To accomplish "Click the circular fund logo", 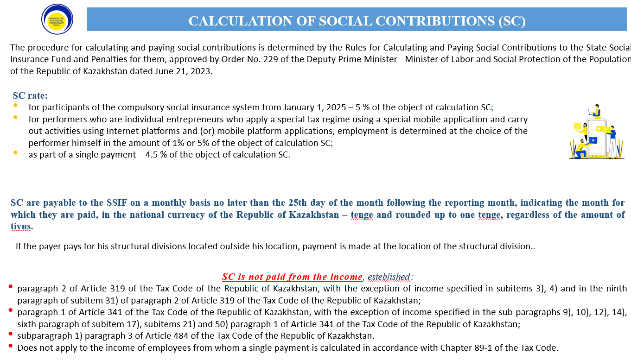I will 57,19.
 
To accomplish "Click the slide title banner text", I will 357,21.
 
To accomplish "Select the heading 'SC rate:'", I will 30,96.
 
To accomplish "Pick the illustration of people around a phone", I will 596,132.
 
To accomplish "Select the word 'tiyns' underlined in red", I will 21,227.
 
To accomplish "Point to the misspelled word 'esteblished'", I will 389,277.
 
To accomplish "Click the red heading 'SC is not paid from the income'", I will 292,277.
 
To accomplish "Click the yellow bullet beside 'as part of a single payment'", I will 15,152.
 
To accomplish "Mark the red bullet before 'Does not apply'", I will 10,346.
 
